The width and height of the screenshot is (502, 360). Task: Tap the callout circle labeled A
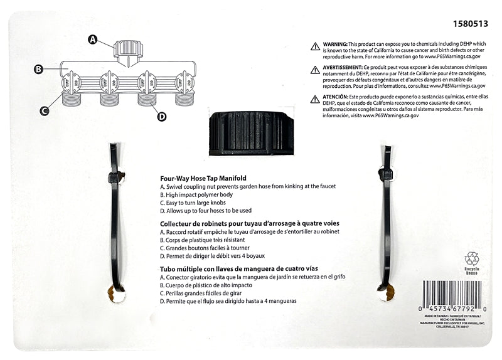[92, 40]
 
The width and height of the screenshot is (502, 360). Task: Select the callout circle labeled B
[38, 69]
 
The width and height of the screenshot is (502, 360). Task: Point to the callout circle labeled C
[45, 112]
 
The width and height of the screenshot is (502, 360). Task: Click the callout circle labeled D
[162, 116]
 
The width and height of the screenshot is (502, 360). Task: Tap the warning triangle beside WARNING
[315, 46]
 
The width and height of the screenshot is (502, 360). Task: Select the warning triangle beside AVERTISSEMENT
[315, 70]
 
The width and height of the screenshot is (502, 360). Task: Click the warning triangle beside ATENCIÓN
[315, 99]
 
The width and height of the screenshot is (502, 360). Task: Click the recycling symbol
[471, 258]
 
